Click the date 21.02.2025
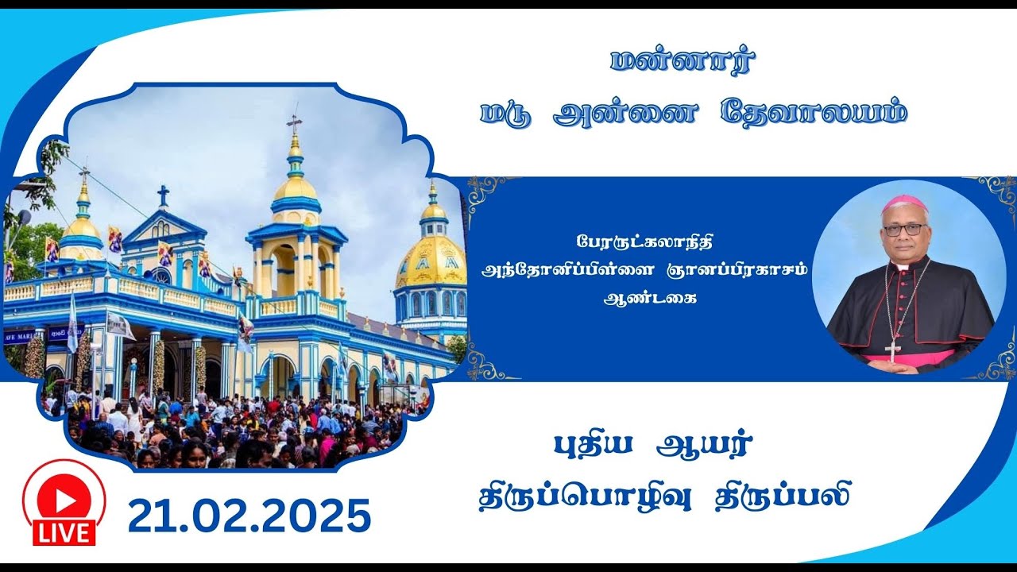pos(249,516)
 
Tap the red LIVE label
pos(64,532)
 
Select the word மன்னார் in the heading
pos(683,61)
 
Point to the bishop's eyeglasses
pos(904,229)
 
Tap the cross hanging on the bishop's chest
pos(891,350)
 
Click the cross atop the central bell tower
pos(295,123)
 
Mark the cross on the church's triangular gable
pos(163,195)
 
